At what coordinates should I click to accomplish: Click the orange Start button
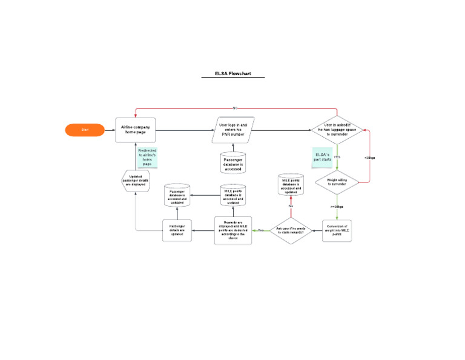coord(85,130)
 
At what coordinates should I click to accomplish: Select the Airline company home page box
coord(136,130)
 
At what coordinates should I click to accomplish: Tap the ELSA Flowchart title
coord(232,74)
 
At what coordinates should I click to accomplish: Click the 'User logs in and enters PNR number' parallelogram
coord(233,130)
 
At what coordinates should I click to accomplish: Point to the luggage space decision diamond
coord(337,128)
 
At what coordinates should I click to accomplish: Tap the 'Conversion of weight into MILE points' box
coord(337,230)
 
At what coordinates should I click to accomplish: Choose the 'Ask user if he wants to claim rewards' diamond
coord(291,230)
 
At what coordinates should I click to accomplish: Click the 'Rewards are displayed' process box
coord(233,230)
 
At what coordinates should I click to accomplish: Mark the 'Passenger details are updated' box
coord(177,230)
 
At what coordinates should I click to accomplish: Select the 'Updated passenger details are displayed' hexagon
coord(136,181)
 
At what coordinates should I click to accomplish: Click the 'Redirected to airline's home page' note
coord(147,157)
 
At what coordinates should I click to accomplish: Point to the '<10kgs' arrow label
coord(370,158)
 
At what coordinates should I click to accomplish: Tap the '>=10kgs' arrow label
coord(337,207)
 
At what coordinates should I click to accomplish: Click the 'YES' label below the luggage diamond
coord(337,157)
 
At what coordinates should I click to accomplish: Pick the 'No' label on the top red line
coord(235,108)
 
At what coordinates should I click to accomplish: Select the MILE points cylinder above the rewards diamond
coord(291,184)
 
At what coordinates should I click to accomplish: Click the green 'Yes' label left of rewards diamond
coord(260,230)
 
